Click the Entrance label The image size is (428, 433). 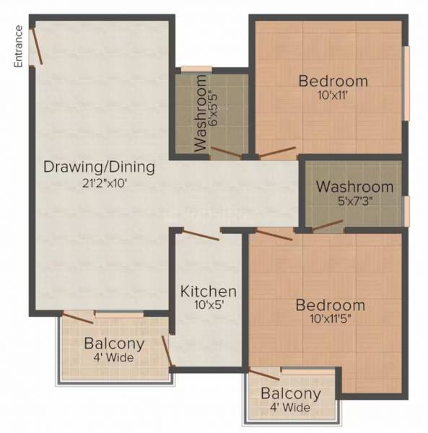point(18,48)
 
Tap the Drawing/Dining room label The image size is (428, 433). point(99,167)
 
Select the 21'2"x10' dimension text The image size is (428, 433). point(99,183)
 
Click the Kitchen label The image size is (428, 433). point(208,292)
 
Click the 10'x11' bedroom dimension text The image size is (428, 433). point(333,95)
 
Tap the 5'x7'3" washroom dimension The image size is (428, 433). point(354,201)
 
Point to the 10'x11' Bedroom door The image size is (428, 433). point(277,152)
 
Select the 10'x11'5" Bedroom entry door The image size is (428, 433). point(274,234)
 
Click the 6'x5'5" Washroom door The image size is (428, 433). point(224,152)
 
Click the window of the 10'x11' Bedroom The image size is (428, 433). point(406,84)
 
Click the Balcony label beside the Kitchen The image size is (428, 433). point(114,344)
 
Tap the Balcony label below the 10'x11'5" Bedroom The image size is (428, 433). point(291,394)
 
